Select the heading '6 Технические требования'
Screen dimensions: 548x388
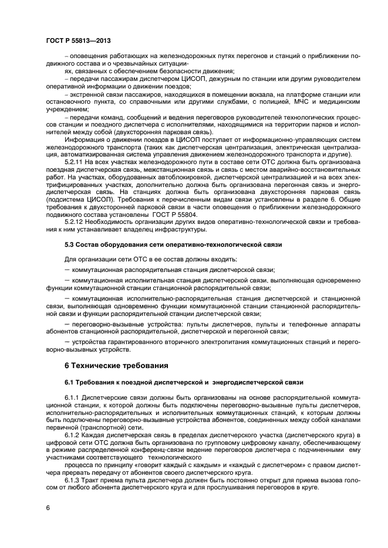tap(116, 366)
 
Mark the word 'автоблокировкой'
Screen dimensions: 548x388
tap(163, 176)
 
